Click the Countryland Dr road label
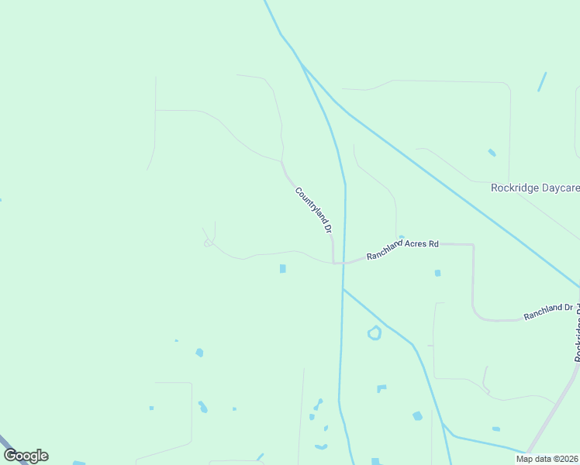313,210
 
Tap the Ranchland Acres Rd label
402,249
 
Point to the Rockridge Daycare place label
535,188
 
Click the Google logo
26,456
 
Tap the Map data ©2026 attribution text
547,459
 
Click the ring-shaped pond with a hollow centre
375,333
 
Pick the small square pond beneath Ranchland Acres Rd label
438,273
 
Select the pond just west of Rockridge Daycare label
492,153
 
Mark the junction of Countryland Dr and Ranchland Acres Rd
335,263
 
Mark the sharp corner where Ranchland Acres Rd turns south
472,245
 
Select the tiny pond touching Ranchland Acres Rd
401,237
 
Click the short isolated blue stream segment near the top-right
542,81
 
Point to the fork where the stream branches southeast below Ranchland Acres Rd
343,289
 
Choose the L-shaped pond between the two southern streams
381,388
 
